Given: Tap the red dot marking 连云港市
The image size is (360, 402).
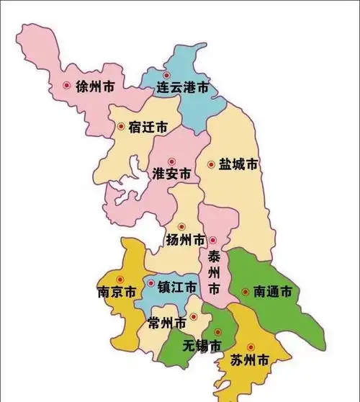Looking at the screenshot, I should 167,75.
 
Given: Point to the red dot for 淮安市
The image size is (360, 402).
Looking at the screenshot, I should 171,161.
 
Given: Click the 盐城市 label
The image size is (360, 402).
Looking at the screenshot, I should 238,164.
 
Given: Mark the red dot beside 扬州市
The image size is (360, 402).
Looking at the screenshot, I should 181,226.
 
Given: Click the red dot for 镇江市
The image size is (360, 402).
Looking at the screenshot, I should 151,283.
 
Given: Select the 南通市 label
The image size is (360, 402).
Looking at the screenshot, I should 272,292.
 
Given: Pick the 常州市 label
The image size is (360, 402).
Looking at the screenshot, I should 166,322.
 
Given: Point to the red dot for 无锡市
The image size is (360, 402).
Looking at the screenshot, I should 217,331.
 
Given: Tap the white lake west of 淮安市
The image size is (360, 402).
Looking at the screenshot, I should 130,189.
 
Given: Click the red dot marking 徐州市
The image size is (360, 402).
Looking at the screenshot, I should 67,85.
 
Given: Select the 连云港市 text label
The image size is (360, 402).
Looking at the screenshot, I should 183,88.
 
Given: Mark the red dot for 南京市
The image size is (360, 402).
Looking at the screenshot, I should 120,280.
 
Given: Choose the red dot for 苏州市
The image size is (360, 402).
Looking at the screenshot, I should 250,347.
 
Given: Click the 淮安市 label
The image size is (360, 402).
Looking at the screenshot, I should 172,174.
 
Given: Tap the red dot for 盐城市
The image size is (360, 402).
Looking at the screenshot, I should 211,164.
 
